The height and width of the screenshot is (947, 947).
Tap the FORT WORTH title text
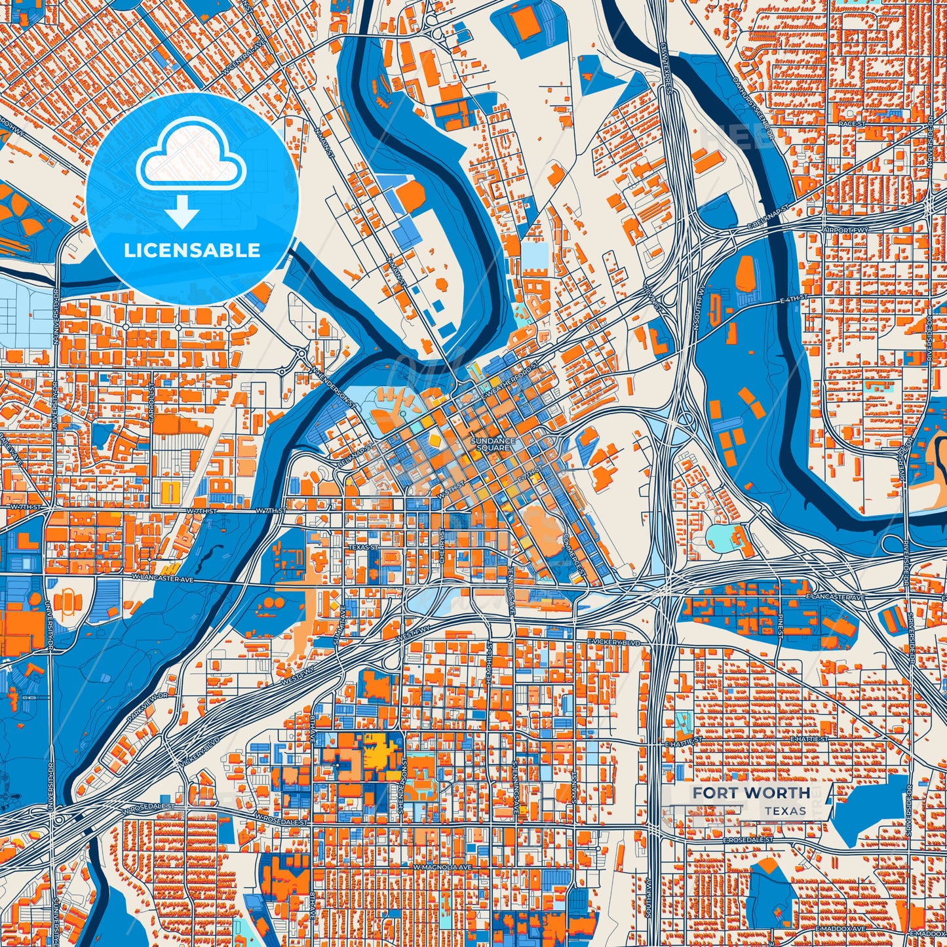coord(751,793)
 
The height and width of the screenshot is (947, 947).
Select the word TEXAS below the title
coord(785,811)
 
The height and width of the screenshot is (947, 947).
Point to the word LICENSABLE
coord(192,250)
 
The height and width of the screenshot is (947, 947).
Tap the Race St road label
coord(852,124)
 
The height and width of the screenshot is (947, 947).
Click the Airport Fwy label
coord(845,231)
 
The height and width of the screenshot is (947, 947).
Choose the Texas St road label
coord(363,547)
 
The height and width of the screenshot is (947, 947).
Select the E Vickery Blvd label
coord(613,642)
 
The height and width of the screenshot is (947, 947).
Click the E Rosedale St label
coord(748,840)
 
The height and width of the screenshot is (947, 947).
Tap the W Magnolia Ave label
coord(442,867)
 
